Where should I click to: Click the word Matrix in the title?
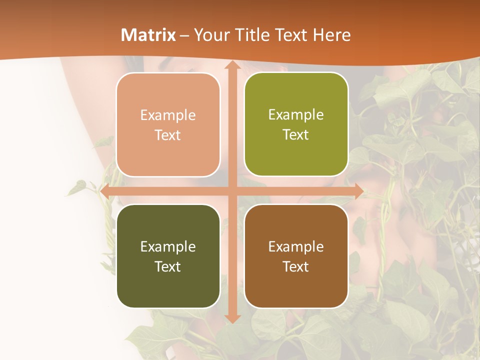[x=148, y=35]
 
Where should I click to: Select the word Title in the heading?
[x=249, y=35]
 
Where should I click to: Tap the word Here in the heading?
[x=332, y=35]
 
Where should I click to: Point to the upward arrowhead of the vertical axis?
[x=231, y=65]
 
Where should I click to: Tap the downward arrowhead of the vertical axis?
[x=231, y=318]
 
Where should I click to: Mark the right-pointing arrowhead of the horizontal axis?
[x=358, y=191]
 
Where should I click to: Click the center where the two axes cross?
[x=231, y=191]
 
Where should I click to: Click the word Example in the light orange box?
[x=168, y=115]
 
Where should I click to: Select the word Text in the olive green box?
[x=296, y=135]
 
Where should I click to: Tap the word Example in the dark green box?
[x=168, y=246]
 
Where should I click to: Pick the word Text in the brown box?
[x=296, y=266]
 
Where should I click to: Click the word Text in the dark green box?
[x=168, y=266]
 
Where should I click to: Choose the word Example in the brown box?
[x=296, y=246]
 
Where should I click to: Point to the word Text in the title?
[x=291, y=35]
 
